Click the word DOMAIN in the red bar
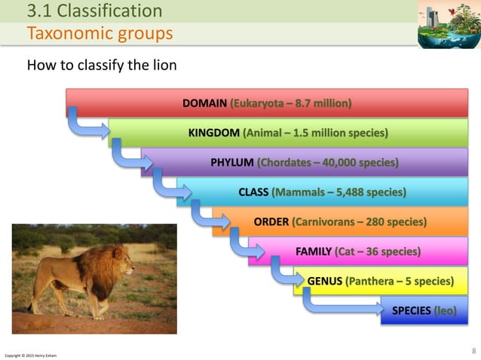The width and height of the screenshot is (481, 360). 205,102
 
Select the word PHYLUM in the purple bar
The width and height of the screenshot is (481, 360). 231,162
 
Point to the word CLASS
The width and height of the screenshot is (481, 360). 253,192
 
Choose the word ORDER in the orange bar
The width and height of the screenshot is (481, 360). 271,222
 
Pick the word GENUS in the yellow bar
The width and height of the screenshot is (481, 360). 324,282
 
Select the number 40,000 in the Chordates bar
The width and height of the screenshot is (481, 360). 338,162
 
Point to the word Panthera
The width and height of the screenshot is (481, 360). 369,282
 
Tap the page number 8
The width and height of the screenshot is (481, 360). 473,350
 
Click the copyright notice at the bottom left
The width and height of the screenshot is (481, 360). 30,355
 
